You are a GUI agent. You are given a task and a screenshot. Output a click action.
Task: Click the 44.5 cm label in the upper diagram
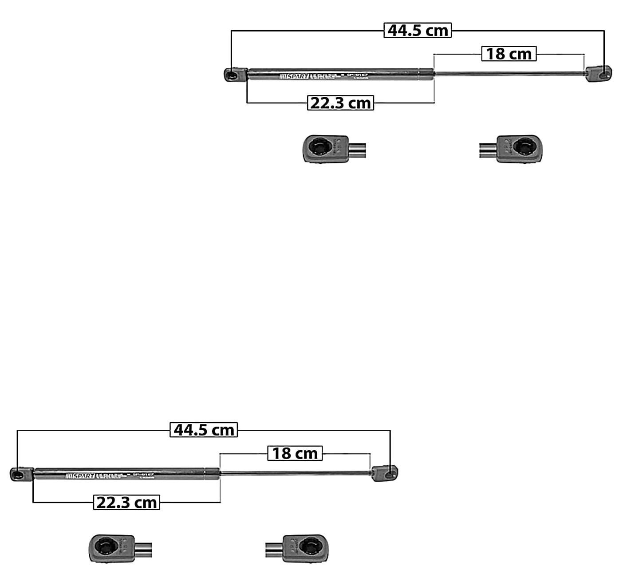418,31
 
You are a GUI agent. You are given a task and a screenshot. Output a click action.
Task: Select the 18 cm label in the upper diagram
509,54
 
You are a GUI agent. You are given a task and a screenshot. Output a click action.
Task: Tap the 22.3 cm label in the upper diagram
340,103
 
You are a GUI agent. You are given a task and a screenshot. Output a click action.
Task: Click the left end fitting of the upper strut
234,75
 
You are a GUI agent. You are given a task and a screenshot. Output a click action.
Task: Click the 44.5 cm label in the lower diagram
204,430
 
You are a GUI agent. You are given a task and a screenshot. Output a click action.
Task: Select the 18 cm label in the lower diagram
295,454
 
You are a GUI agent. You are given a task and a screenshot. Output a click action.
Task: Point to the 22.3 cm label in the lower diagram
126,503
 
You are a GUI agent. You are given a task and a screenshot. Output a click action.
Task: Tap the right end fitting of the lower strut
385,473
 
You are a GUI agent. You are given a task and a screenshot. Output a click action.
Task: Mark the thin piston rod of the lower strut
295,473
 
